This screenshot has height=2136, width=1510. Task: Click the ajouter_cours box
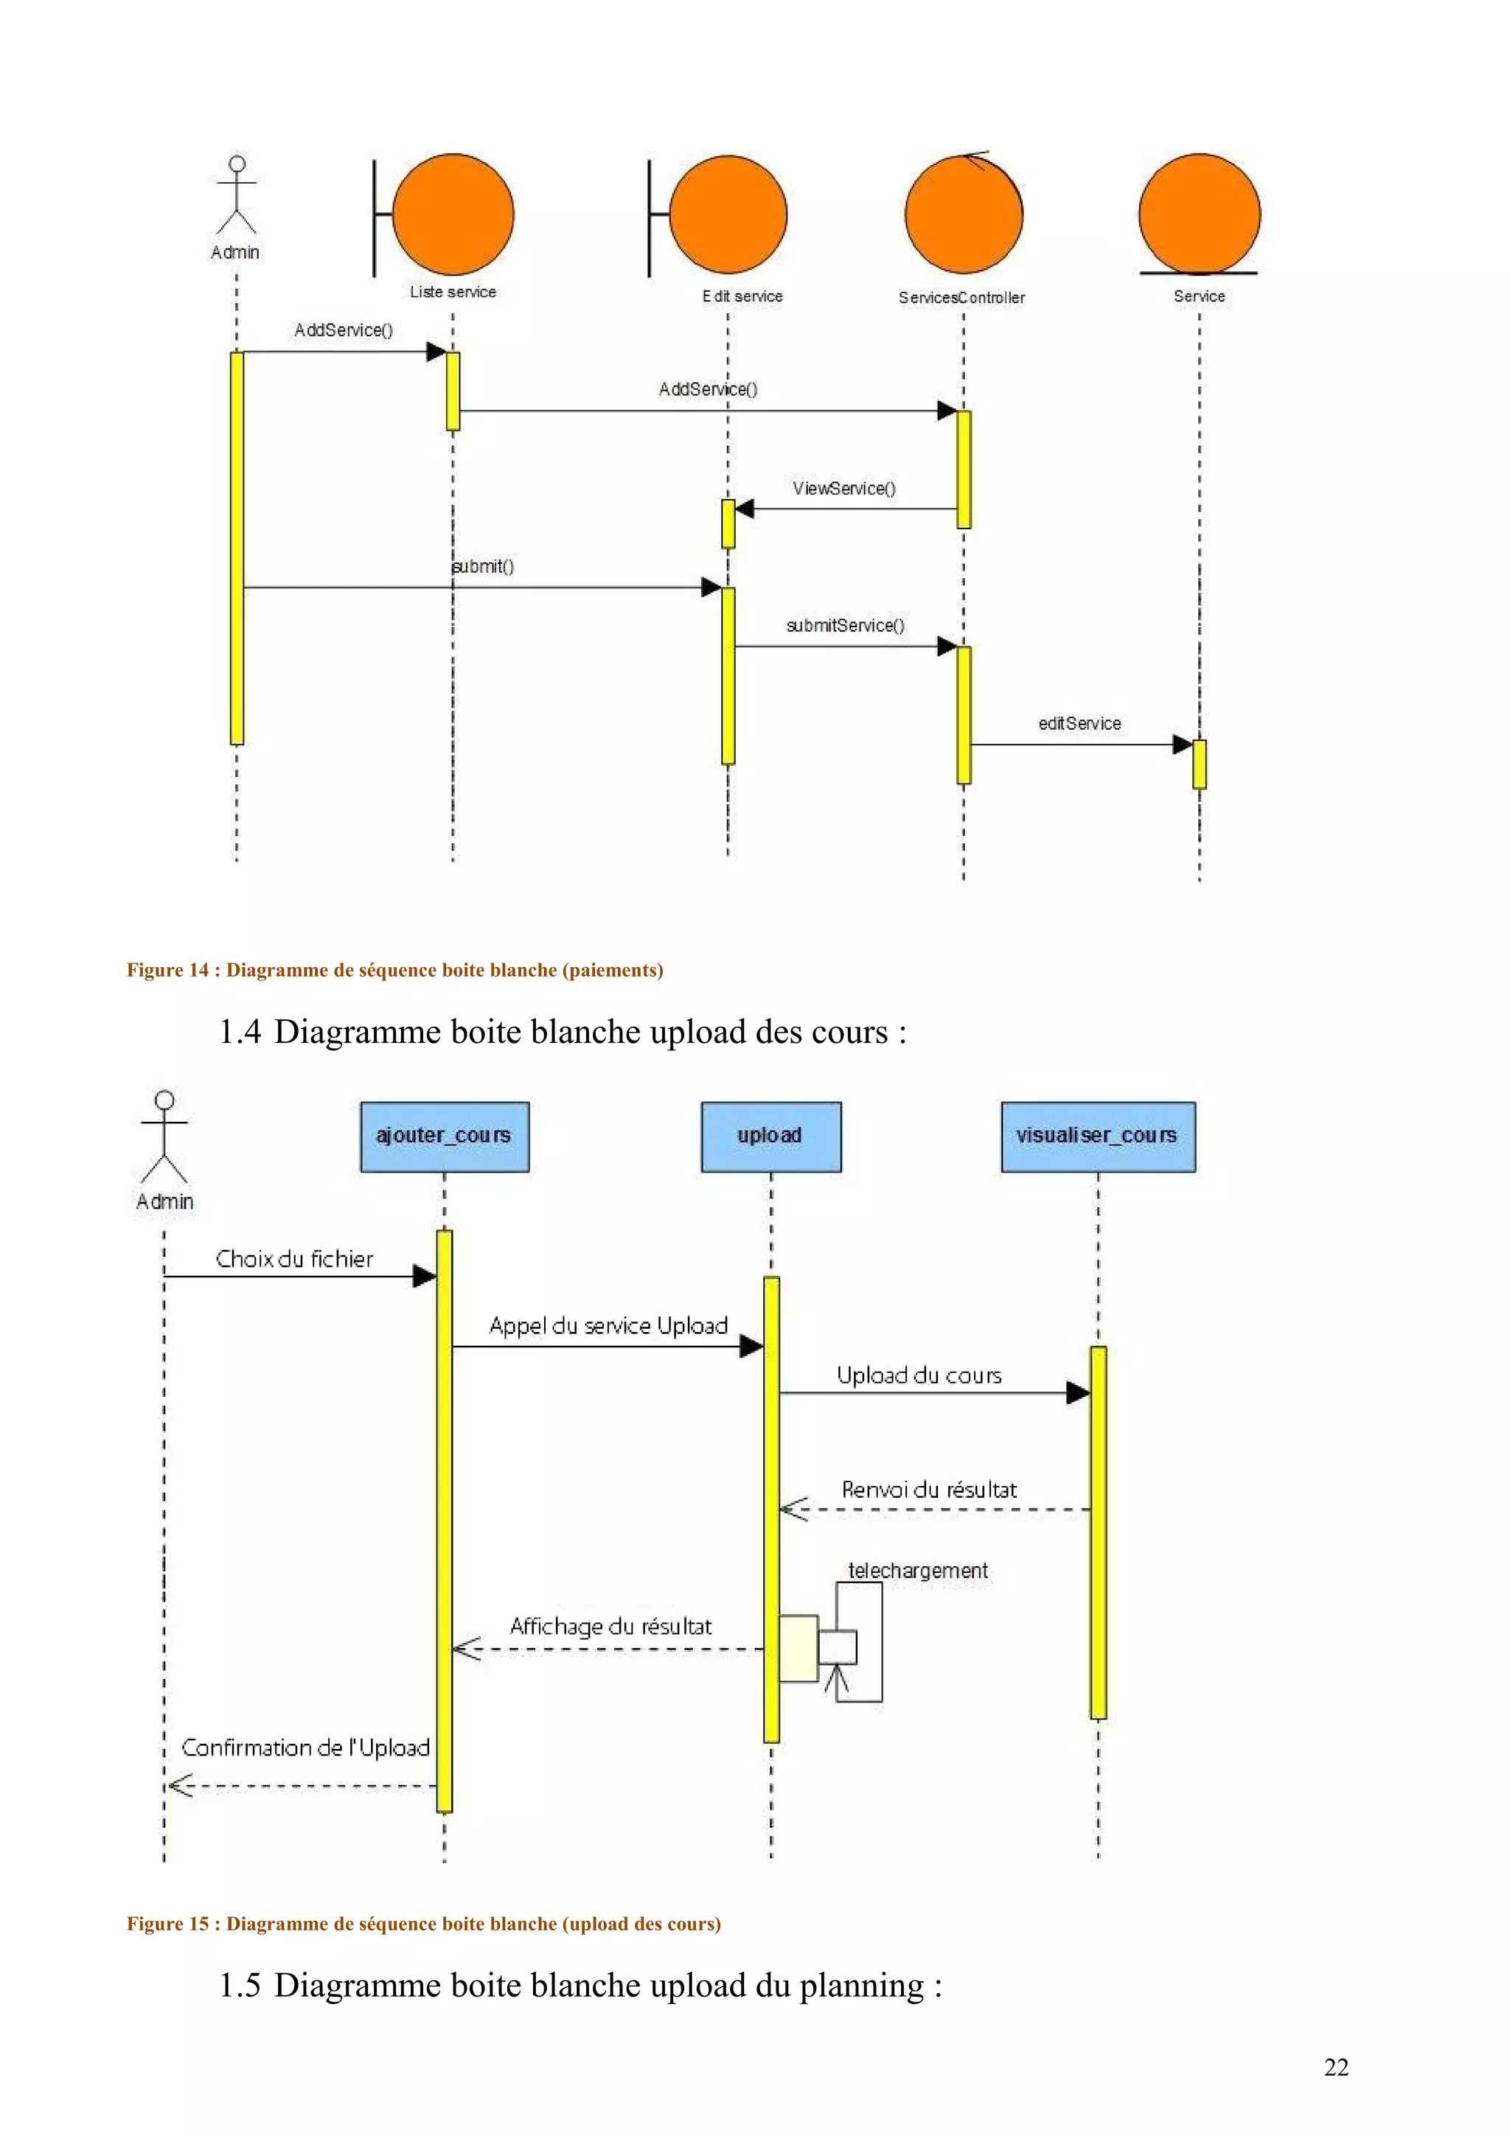tap(444, 1136)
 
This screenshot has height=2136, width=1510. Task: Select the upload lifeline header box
tap(770, 1136)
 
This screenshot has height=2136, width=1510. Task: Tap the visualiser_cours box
tap(1097, 1136)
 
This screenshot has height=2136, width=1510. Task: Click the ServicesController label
tap(961, 298)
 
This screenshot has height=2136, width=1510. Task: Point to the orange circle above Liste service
tap(453, 214)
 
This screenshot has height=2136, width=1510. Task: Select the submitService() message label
tap(845, 625)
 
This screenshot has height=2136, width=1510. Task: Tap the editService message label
tap(1079, 723)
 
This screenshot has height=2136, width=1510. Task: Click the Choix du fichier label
tap(294, 1259)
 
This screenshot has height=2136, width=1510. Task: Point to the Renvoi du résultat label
tap(928, 1490)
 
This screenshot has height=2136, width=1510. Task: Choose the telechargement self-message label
tap(917, 1571)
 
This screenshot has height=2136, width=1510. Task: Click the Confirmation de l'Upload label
tap(305, 1747)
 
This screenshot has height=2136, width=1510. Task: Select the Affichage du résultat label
tap(610, 1626)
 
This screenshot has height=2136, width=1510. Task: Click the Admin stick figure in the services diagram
tap(237, 195)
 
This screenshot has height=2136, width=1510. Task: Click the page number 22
tap(1335, 2067)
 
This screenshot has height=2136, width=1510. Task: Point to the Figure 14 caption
tap(394, 969)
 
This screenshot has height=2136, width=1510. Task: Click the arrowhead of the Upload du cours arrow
tap(1077, 1393)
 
